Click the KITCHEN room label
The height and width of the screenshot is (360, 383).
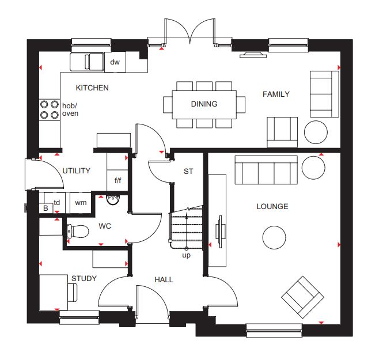92,88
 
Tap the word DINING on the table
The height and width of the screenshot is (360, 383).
204,104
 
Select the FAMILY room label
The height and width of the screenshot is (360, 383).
276,94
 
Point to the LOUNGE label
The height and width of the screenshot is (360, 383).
272,206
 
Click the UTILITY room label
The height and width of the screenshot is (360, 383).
77,170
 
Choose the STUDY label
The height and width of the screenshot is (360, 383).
84,278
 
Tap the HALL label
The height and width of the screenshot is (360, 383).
164,279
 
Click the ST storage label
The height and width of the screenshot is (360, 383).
188,172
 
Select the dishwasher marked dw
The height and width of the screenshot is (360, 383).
115,62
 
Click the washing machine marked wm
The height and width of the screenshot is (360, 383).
81,203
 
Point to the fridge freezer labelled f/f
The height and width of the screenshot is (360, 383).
117,180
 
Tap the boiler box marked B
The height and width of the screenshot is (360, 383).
45,208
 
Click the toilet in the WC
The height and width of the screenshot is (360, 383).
78,231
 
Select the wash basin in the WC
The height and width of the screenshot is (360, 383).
113,200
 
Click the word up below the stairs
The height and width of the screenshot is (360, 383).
187,256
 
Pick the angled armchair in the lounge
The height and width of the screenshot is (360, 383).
302,297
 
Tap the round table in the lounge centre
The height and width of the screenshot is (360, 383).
274,237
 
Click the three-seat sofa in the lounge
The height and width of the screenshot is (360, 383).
266,170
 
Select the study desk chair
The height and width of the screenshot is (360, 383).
73,292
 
